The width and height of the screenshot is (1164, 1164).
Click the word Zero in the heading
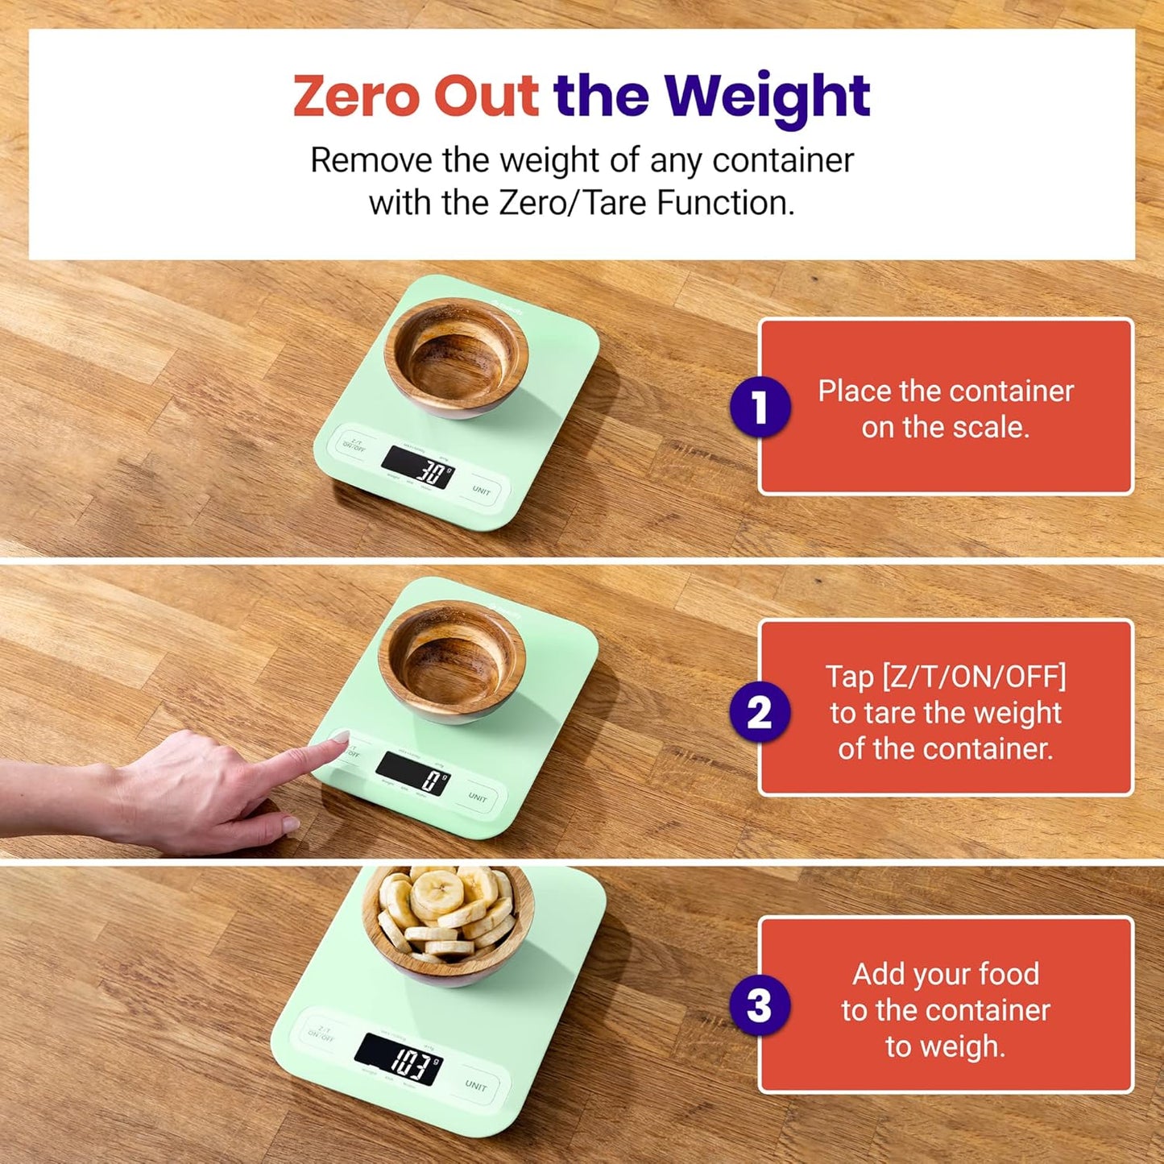(x=357, y=96)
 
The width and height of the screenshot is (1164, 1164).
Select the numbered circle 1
(x=760, y=407)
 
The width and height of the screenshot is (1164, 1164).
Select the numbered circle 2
(x=760, y=712)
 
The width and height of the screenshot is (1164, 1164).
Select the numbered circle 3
(x=760, y=1005)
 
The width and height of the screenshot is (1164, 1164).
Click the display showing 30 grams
(x=418, y=467)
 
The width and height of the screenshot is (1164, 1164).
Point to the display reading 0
(x=412, y=773)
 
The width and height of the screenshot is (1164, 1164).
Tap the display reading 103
(x=399, y=1058)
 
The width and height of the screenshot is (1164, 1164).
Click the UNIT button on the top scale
(x=481, y=491)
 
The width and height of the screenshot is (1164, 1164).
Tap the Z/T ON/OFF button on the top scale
(x=354, y=444)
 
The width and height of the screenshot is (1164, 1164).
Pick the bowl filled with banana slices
(x=448, y=922)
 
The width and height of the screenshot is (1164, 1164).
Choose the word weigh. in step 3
(x=945, y=1046)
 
